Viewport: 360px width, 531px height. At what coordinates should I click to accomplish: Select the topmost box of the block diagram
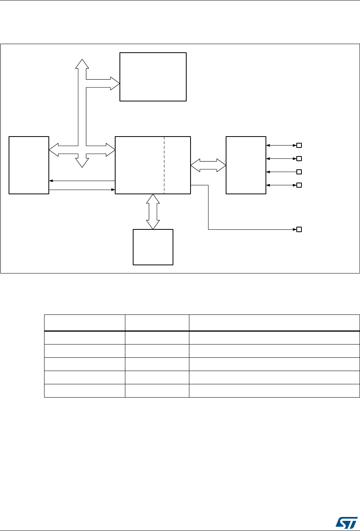(x=153, y=77)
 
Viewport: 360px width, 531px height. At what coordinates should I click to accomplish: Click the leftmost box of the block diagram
(x=29, y=165)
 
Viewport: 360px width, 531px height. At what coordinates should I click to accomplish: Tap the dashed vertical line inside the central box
(x=164, y=165)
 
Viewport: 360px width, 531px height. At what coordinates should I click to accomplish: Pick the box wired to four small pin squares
(x=246, y=165)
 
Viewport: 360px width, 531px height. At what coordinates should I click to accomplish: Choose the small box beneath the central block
(x=153, y=247)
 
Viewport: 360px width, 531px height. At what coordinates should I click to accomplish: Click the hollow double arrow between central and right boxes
(x=209, y=165)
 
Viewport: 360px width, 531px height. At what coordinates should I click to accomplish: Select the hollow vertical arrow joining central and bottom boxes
(x=153, y=211)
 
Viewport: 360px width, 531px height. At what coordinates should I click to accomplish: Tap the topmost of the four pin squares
(x=299, y=146)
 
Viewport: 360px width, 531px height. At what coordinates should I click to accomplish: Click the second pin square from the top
(x=299, y=159)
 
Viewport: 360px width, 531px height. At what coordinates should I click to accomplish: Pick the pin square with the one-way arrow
(x=299, y=172)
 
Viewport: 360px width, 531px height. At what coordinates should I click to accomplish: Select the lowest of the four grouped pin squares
(x=299, y=185)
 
